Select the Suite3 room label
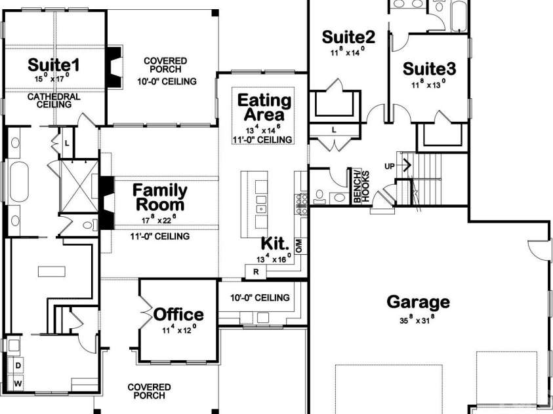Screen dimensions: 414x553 (x=429, y=69)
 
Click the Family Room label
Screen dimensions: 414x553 (x=160, y=197)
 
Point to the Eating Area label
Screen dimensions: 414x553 (x=264, y=109)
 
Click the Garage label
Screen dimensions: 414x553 (x=419, y=302)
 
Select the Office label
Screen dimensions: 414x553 (x=178, y=314)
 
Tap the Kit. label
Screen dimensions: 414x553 (x=276, y=244)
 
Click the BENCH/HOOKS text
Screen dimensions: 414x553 (x=361, y=187)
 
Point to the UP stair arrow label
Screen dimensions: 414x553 (x=390, y=166)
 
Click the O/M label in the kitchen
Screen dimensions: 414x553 (x=298, y=246)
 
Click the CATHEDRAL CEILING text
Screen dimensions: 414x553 (x=54, y=100)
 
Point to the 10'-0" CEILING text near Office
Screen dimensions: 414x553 (x=259, y=298)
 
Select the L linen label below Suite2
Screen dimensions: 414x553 (x=333, y=130)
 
